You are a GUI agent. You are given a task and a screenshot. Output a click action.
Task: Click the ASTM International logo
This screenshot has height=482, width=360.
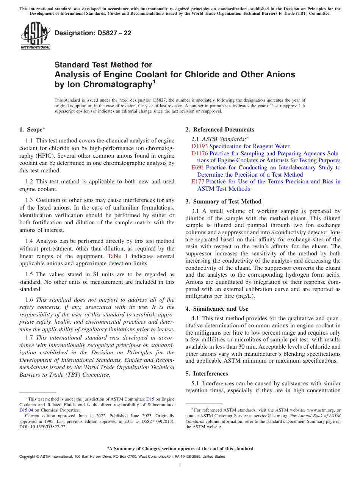coord(35,36)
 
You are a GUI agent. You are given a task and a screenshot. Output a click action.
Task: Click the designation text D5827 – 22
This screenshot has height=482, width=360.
coord(93,33)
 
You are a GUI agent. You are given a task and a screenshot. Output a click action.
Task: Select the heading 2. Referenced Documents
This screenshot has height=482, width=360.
coord(220,130)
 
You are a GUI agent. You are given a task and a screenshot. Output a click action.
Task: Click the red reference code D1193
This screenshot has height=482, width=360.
coord(199,146)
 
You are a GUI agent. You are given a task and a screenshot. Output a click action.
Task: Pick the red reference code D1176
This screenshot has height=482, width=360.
coord(199,153)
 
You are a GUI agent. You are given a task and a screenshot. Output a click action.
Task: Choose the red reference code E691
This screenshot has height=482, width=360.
coord(198,167)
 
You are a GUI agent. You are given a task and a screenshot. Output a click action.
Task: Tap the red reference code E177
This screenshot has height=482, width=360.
coord(198,182)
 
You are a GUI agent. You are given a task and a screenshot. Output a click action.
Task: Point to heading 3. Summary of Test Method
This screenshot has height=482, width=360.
coord(223,202)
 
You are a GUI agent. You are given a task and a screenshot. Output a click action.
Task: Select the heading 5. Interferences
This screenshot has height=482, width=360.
coord(207,374)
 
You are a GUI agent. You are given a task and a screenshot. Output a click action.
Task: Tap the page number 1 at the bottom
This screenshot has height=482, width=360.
coord(180,466)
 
